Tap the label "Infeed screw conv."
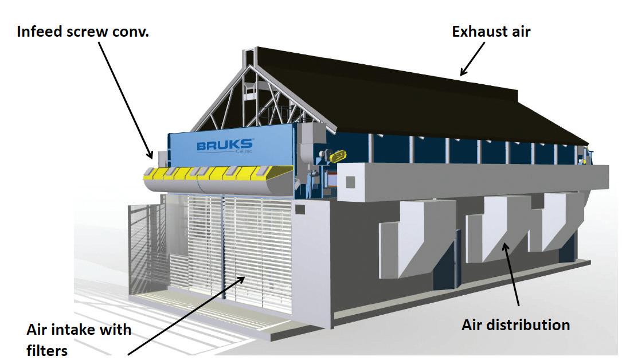tap(83, 31)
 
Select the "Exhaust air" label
tap(491, 31)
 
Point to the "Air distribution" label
tap(515, 325)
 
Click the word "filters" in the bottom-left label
tap(47, 350)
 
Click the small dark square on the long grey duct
tap(350, 182)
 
